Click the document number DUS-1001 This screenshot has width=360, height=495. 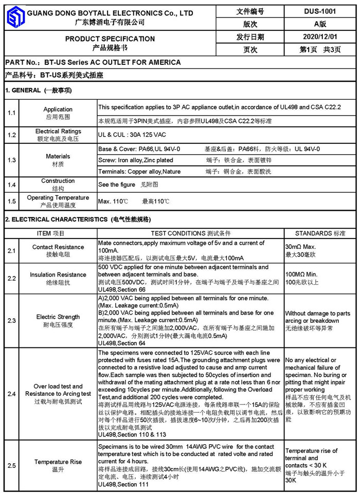pos(320,11)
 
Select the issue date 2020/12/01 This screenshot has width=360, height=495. pos(320,37)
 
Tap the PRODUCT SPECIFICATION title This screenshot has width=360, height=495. pos(110,39)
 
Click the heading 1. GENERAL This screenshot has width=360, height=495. pos(23,90)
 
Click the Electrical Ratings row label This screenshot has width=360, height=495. pos(58,132)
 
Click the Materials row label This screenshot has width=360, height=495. pos(58,156)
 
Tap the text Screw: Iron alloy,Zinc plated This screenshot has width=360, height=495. pos(136,160)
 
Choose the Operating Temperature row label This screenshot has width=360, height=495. pos(58,197)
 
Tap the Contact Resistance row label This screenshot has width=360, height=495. pos(58,247)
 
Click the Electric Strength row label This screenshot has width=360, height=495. pos(58,317)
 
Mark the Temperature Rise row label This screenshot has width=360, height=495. pos(58,462)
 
